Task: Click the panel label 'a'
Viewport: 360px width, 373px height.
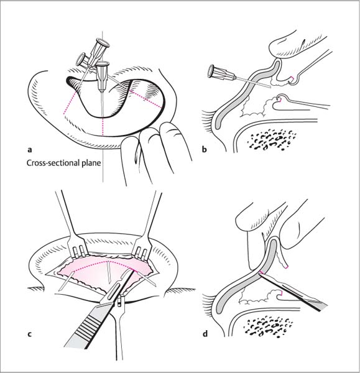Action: pyautogui.click(x=30, y=150)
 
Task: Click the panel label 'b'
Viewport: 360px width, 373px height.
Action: pyautogui.click(x=204, y=149)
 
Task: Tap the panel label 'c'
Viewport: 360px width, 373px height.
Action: pyautogui.click(x=29, y=334)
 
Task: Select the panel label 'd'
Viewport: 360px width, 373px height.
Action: pyautogui.click(x=205, y=334)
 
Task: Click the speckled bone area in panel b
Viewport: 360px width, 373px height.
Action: pyautogui.click(x=271, y=140)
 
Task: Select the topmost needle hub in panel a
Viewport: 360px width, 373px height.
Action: pyautogui.click(x=99, y=52)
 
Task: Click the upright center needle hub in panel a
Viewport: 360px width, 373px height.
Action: pyautogui.click(x=103, y=76)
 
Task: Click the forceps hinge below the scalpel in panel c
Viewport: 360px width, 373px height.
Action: pyautogui.click(x=121, y=302)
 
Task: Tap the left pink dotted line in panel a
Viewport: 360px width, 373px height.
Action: pyautogui.click(x=70, y=103)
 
